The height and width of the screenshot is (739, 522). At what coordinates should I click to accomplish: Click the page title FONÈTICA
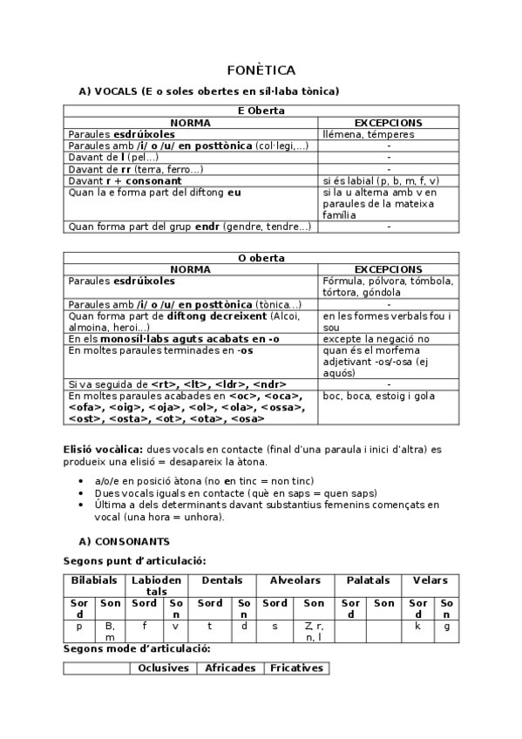tap(261, 70)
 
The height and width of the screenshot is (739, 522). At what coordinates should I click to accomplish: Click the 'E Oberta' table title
tap(261, 112)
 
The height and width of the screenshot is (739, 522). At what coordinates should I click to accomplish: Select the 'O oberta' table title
tap(261, 258)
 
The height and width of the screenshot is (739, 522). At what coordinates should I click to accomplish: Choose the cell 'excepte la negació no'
tap(376, 338)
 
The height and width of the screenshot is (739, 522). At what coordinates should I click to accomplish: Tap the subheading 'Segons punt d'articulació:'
tap(135, 561)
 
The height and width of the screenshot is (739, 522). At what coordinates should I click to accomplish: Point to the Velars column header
tap(430, 580)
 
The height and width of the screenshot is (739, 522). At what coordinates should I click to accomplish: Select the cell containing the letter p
tap(79, 626)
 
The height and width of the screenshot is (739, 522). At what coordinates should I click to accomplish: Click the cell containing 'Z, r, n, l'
tap(314, 631)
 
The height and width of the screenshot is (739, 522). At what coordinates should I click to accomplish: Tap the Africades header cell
tap(230, 668)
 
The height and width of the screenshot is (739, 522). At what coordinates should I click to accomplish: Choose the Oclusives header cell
tap(164, 668)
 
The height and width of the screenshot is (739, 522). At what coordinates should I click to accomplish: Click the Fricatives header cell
tap(296, 668)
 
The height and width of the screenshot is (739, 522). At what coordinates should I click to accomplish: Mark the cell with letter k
tap(418, 626)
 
